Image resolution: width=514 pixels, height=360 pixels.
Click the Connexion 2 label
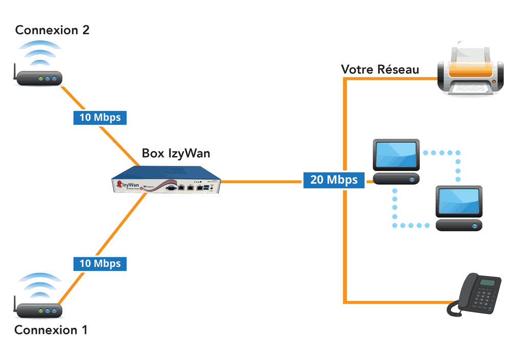pyautogui.click(x=52, y=30)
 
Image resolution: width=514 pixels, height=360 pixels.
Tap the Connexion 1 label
pyautogui.click(x=51, y=330)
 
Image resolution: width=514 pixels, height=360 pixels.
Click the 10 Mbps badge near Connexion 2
pyautogui.click(x=100, y=117)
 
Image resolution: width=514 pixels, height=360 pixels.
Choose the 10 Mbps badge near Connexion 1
pyautogui.click(x=100, y=264)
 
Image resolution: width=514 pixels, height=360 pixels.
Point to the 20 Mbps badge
pyautogui.click(x=334, y=180)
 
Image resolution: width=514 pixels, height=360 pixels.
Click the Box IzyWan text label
pyautogui.click(x=176, y=153)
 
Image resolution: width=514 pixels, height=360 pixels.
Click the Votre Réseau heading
pyautogui.click(x=380, y=70)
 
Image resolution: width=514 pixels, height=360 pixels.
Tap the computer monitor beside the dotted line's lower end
pyautogui.click(x=458, y=202)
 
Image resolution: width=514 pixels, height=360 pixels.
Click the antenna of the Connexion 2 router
pyautogui.click(x=15, y=71)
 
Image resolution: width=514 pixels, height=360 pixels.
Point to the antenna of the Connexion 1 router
pyautogui.click(x=15, y=303)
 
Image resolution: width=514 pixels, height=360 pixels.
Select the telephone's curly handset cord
pyautogui.click(x=453, y=308)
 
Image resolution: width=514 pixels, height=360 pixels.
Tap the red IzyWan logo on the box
pyautogui.click(x=119, y=183)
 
